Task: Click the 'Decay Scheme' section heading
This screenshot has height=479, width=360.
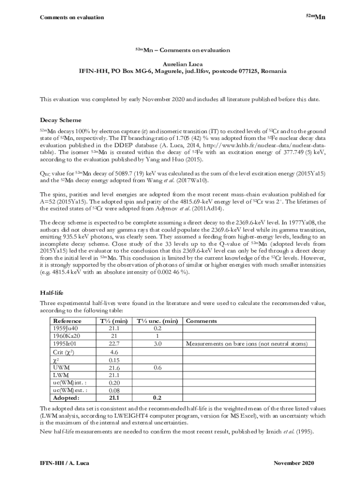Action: (x=60, y=120)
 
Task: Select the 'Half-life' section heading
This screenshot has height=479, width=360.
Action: (x=50, y=293)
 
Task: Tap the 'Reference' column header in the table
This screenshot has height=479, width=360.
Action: (x=67, y=321)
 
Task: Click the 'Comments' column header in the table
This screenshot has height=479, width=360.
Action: (x=202, y=321)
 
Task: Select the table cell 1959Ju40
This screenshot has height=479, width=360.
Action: (x=66, y=328)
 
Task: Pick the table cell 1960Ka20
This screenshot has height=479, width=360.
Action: (x=66, y=336)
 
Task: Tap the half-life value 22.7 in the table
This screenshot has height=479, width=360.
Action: (x=114, y=344)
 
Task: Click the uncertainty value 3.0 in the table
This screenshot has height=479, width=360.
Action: (x=157, y=344)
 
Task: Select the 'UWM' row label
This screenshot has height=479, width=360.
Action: (x=62, y=368)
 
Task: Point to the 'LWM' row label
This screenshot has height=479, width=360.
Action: (x=61, y=375)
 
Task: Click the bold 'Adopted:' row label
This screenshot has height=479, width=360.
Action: (x=66, y=398)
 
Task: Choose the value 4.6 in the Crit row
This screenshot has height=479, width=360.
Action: (x=114, y=352)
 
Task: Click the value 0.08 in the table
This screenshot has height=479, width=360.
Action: (x=114, y=390)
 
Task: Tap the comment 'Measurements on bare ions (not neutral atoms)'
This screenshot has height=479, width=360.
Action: (x=247, y=344)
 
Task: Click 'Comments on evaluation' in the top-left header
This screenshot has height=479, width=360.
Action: (x=72, y=18)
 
